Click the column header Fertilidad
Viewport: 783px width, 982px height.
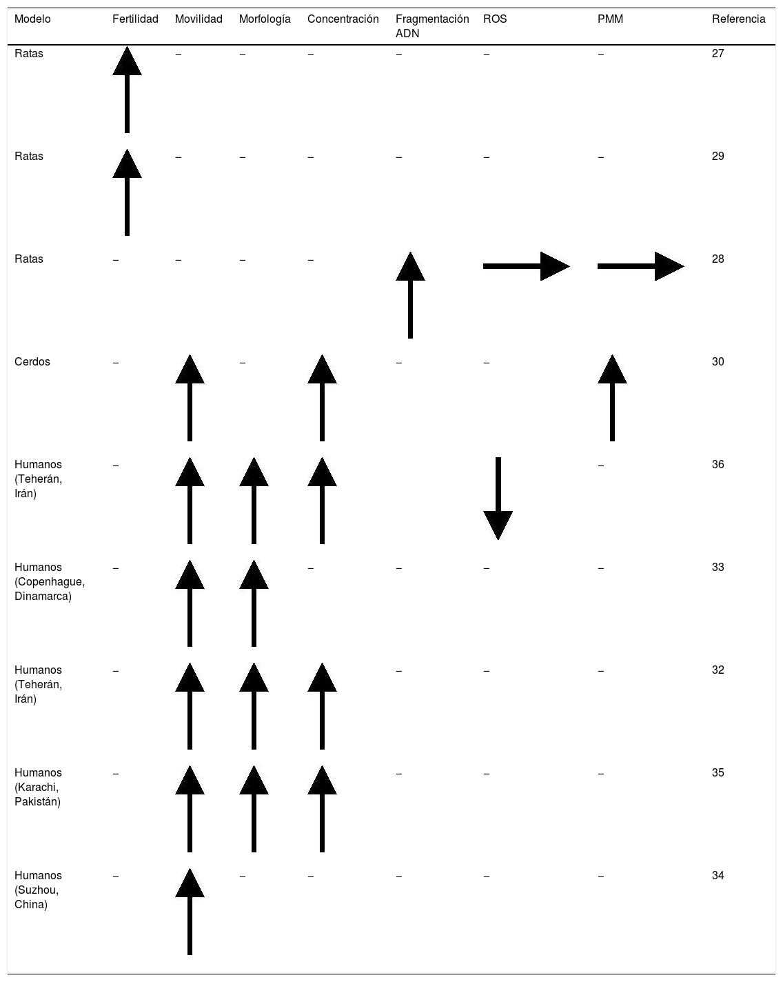(135, 19)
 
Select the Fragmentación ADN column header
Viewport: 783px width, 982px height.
(431, 26)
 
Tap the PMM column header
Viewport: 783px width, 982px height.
(610, 19)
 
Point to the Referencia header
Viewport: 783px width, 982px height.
(738, 19)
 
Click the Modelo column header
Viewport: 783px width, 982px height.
(32, 19)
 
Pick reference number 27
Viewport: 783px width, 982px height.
(718, 54)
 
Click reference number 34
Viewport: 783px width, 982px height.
(718, 876)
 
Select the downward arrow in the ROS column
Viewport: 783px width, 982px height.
(498, 498)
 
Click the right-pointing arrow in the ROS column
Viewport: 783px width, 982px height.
(526, 266)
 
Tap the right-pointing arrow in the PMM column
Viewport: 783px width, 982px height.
(640, 266)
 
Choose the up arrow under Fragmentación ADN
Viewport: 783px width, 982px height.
(410, 295)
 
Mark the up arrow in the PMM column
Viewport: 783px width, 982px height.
(612, 398)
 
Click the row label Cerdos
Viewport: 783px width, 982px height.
(32, 362)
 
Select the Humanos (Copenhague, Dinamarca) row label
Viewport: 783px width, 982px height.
(49, 581)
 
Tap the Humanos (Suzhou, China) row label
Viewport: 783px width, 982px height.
(38, 890)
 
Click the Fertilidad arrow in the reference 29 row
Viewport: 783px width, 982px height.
(127, 192)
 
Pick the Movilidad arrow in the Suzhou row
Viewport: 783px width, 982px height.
(190, 912)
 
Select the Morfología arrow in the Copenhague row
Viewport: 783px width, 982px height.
(254, 603)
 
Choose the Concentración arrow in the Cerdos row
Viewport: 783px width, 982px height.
(322, 398)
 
